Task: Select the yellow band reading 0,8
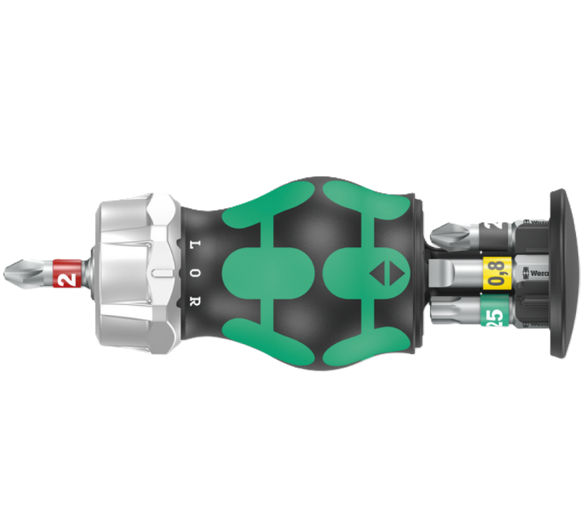[x=497, y=272]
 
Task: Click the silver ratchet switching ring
[x=135, y=271]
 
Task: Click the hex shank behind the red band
[x=87, y=272]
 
